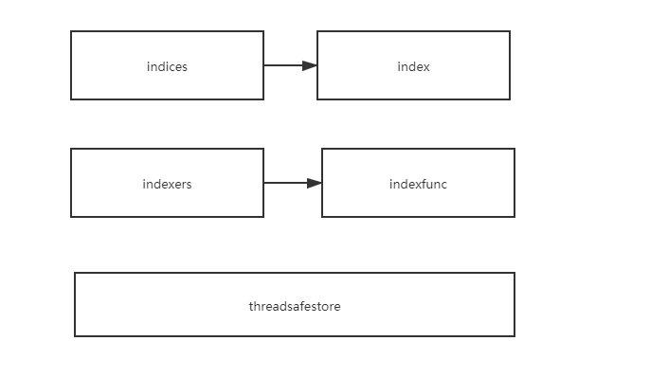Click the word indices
(167, 66)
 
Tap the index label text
(413, 66)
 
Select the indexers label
(167, 184)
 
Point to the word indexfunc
(418, 184)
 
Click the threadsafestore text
(295, 306)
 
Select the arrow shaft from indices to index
(282, 65)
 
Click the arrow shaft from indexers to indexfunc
(284, 183)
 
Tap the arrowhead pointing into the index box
(309, 65)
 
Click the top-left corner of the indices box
(71, 31)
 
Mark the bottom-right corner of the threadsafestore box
(515, 336)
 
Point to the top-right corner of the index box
(510, 31)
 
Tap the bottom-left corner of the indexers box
(71, 217)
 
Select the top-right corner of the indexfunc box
(515, 149)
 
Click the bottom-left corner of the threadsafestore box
(75, 336)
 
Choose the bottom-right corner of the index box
(510, 99)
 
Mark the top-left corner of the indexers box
(71, 149)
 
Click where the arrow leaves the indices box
(263, 65)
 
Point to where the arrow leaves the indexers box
(263, 183)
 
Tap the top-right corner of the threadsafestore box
(515, 273)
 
